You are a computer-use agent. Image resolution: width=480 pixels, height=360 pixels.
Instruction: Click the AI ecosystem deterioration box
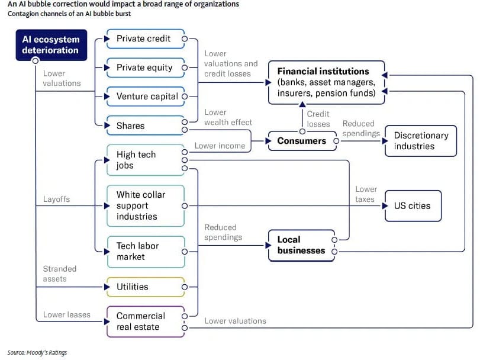click(51, 45)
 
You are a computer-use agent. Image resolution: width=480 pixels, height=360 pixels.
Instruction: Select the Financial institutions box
click(326, 82)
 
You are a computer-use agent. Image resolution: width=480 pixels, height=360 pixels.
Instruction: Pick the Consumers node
click(302, 141)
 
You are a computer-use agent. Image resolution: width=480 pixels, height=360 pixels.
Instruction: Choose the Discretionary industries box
click(421, 141)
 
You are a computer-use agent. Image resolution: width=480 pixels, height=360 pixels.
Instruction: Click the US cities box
click(413, 206)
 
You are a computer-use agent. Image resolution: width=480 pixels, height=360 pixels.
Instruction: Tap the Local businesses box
click(301, 245)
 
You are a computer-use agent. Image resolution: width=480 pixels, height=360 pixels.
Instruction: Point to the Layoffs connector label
click(56, 200)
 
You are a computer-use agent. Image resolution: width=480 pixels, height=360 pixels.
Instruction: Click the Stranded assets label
click(59, 274)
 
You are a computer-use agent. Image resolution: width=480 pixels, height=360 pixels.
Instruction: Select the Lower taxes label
click(366, 194)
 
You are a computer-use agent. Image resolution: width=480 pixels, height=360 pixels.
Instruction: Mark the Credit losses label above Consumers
click(318, 119)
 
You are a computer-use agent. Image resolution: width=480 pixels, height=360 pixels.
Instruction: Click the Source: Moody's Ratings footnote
click(37, 353)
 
